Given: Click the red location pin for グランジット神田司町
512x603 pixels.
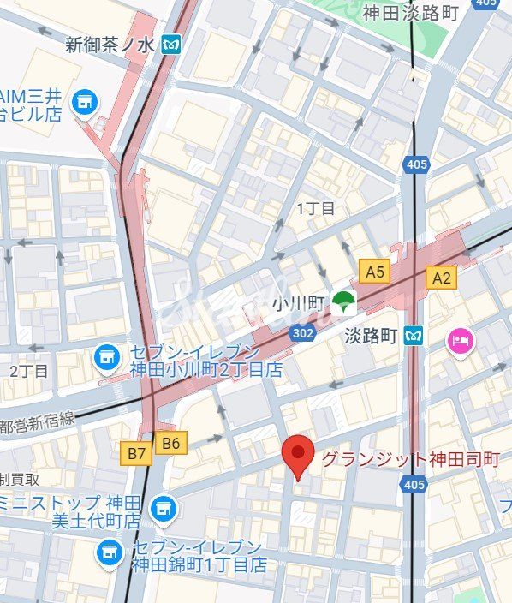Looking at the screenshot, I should [298, 454].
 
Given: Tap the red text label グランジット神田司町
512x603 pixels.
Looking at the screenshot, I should [410, 459].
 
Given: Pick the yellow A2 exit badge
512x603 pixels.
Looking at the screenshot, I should [441, 277].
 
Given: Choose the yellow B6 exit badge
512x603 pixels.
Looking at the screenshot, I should [172, 442].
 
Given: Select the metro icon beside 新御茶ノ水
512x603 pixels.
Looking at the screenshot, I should [173, 43].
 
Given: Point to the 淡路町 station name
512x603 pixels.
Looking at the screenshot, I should [372, 335].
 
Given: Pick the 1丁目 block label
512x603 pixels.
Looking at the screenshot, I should [316, 208].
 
